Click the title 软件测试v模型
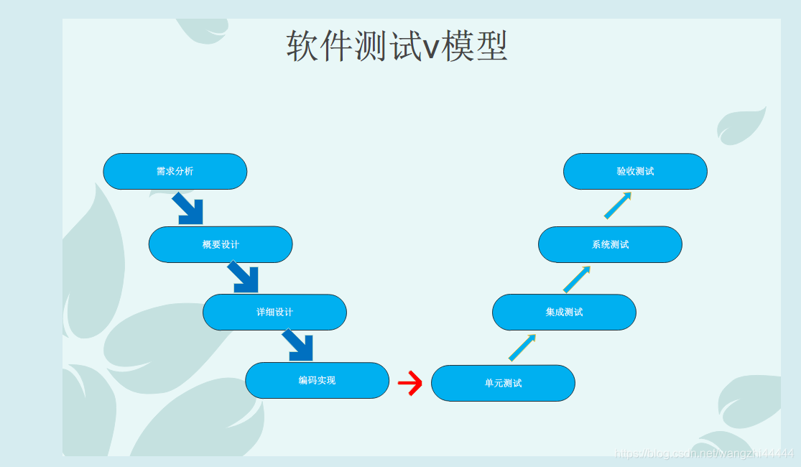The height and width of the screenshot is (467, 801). (397, 47)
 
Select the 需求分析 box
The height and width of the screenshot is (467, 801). (175, 171)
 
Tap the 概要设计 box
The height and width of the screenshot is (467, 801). (221, 244)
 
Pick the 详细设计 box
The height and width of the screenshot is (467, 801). (274, 312)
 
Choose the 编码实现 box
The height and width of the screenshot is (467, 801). (317, 380)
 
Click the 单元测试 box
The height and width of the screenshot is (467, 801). (503, 383)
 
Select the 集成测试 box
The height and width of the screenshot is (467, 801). (564, 312)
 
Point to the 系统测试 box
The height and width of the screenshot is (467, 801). (610, 244)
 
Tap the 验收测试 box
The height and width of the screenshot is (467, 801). (635, 171)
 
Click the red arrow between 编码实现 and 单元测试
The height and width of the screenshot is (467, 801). (410, 383)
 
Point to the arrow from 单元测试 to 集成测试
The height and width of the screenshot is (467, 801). (522, 348)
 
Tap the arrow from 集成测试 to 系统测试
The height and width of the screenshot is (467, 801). (577, 279)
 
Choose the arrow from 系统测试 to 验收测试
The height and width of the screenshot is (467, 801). (618, 205)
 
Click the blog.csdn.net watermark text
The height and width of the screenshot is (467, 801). (705, 453)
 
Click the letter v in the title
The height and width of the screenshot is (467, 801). (430, 48)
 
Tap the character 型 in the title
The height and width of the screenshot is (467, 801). (492, 47)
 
